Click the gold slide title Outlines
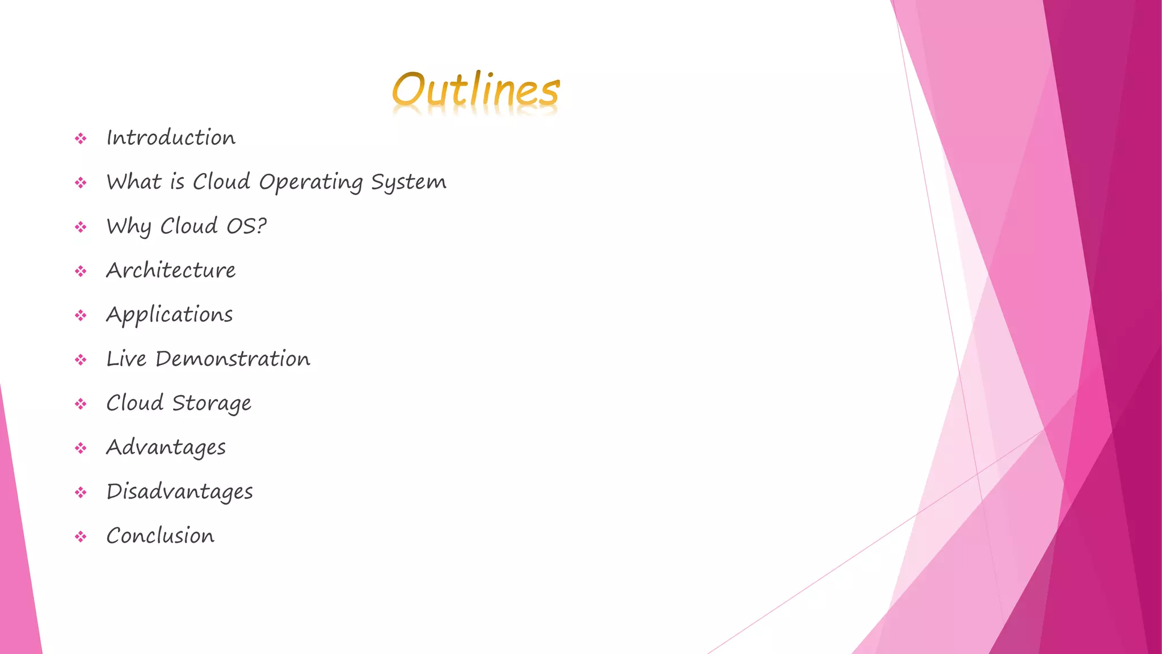tap(475, 91)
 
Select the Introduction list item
tap(171, 138)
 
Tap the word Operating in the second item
tap(310, 182)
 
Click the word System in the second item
tap(409, 182)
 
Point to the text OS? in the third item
tap(246, 226)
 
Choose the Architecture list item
tap(171, 270)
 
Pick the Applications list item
tap(170, 315)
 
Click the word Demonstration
tap(233, 359)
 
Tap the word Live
tap(127, 359)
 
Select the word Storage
tap(212, 403)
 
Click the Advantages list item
tap(166, 448)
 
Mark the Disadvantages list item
tap(180, 492)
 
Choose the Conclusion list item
tap(161, 536)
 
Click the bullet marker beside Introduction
tap(81, 139)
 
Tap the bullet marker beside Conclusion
tap(81, 536)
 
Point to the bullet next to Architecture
tap(81, 271)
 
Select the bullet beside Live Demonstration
tap(81, 360)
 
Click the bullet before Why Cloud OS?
tap(81, 227)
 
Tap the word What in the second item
tap(134, 182)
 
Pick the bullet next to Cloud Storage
tap(81, 404)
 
